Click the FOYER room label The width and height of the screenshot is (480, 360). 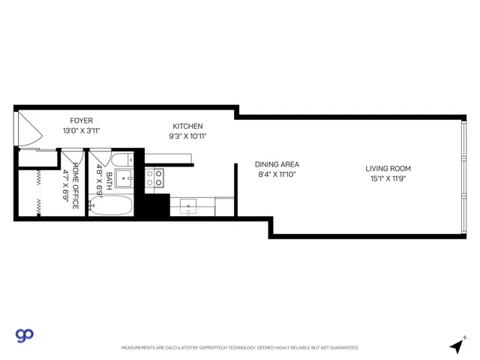point(81,121)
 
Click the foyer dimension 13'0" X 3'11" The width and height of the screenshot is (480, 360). point(81,130)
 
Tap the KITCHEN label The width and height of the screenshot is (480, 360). point(187,126)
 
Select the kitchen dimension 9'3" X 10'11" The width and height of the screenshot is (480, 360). point(187,136)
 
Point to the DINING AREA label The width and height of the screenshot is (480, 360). point(277,164)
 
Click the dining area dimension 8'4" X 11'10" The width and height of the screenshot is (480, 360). point(277,175)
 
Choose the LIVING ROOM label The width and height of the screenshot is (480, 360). point(388,169)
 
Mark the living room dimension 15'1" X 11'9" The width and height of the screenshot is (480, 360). point(388,178)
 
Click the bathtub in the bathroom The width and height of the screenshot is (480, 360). point(111,205)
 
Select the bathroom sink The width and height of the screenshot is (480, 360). point(123,178)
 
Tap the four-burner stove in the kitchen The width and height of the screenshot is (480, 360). point(154,178)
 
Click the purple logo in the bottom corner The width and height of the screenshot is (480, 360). point(24,335)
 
